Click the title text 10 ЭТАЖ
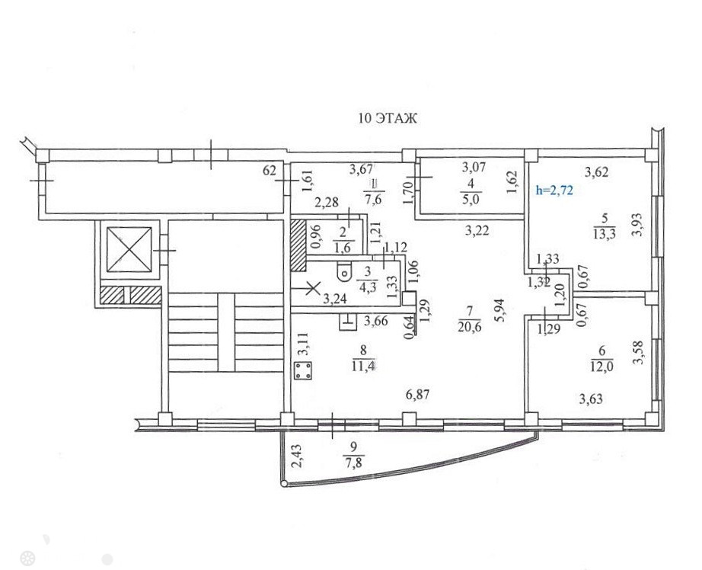pos(388,118)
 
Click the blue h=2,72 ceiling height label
pos(554,191)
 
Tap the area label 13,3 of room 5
pos(604,234)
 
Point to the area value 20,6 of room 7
pos(469,327)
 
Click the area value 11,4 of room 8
pos(363,366)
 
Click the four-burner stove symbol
pos(303,371)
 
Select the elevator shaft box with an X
pos(129,250)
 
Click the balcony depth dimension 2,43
pos(296,456)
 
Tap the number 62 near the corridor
pos(270,170)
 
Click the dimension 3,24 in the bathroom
pos(335,299)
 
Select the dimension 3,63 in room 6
pos(591,399)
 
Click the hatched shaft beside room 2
pos(298,245)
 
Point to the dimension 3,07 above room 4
pos(474,168)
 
